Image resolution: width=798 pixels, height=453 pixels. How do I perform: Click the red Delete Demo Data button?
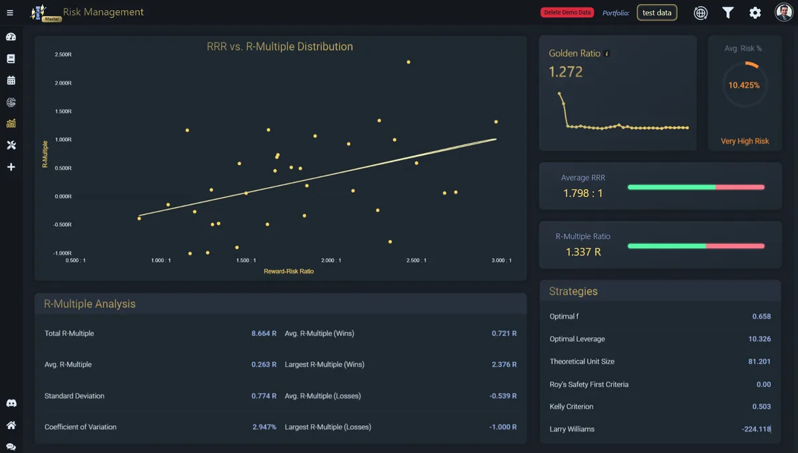coord(567,13)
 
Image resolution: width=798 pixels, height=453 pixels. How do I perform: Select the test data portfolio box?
coord(657,13)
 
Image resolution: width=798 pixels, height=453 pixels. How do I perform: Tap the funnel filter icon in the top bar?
coord(728,13)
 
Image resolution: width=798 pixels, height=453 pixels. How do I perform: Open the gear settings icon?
coord(755,13)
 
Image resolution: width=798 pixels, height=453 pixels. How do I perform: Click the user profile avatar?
coord(784,13)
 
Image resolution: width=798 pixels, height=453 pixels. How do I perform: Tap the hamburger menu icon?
coord(10,13)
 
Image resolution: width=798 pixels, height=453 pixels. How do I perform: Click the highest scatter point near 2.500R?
coord(408,62)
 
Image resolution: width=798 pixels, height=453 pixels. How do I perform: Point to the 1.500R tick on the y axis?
coord(63,111)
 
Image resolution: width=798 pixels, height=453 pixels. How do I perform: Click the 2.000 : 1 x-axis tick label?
coord(331,261)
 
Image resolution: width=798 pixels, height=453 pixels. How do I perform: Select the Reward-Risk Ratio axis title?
coord(289,271)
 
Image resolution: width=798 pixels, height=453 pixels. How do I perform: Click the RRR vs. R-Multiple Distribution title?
coord(280,47)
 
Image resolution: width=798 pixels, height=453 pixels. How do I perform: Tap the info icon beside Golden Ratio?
coord(607,53)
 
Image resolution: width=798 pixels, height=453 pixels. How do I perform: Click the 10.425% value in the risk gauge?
coord(744,85)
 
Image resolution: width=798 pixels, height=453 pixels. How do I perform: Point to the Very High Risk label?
coord(745,141)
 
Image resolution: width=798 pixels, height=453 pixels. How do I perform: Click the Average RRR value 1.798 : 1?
coord(583,193)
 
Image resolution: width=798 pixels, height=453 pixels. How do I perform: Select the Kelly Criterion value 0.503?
coord(761,406)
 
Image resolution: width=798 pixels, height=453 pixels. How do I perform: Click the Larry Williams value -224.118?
coord(756,429)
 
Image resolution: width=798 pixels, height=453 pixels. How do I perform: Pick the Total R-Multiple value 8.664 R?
coord(263,333)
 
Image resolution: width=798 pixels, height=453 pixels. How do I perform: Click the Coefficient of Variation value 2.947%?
coord(264,427)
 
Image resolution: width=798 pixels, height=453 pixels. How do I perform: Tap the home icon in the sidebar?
coord(11,425)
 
